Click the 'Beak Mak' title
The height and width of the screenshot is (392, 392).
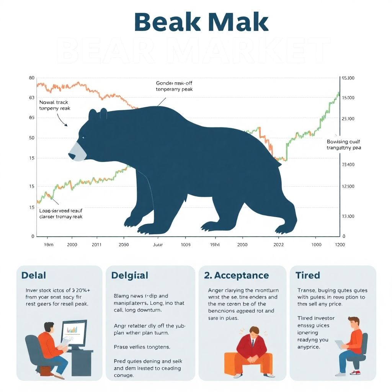(x=201, y=22)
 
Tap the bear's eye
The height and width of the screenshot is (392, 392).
(x=83, y=137)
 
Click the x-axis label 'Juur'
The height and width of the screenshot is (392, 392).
(x=158, y=245)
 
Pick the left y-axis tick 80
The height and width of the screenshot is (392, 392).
(x=31, y=78)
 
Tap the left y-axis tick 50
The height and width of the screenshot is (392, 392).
(x=31, y=138)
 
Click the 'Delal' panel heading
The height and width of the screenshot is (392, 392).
(x=34, y=275)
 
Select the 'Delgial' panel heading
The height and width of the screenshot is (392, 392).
(x=129, y=275)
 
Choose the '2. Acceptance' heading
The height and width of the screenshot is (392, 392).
(x=236, y=275)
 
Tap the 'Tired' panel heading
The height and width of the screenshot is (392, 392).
(x=308, y=275)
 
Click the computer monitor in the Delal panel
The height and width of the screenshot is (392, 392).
(x=74, y=332)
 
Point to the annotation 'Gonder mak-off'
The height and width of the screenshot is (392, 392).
(x=174, y=83)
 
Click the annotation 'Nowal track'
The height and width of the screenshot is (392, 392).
(x=54, y=103)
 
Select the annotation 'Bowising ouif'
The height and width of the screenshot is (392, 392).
(x=343, y=142)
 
